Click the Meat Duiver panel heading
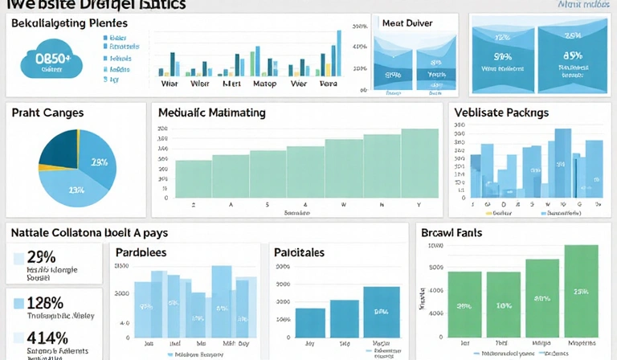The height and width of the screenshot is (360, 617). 407,23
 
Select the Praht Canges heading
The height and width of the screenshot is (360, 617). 47,113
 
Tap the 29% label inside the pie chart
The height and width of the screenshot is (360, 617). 99,162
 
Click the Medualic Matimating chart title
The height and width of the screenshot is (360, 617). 211,113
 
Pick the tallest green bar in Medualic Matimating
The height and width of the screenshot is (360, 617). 419,163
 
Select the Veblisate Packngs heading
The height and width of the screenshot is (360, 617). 501,112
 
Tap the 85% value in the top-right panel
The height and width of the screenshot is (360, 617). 572,56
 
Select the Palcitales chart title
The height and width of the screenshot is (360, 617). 299,252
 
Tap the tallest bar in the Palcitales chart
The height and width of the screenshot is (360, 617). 381,312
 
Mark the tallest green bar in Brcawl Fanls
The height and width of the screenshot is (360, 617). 581,290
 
